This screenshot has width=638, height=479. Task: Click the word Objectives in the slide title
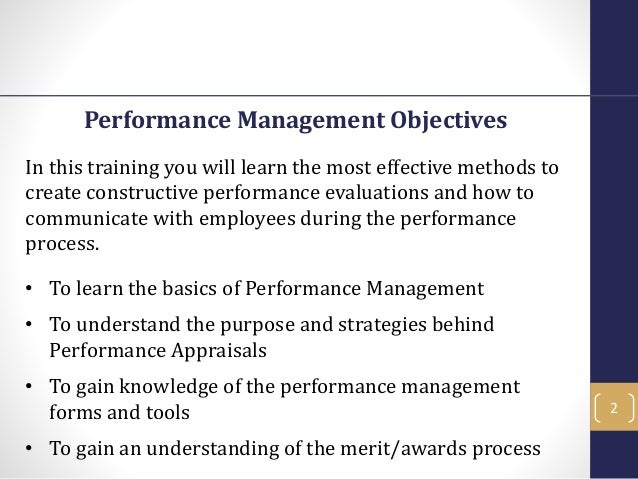447,122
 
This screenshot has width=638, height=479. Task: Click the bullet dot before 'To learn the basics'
30,290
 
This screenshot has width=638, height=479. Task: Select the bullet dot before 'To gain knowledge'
30,387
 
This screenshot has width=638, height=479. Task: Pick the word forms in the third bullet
73,410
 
